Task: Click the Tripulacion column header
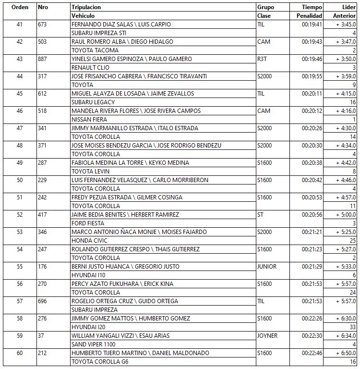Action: (x=86, y=7)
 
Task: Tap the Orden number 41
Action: (x=19, y=25)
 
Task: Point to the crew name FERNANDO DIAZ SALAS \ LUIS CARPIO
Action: (x=121, y=25)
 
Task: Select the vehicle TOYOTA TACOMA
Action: (x=95, y=50)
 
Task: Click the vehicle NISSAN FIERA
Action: (x=89, y=120)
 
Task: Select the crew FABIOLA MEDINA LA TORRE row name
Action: (x=130, y=163)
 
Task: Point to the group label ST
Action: (x=261, y=215)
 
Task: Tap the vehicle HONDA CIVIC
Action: (x=89, y=241)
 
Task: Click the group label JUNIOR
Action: (x=266, y=267)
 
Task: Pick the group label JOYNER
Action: (x=267, y=336)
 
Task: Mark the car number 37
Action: (x=41, y=336)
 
